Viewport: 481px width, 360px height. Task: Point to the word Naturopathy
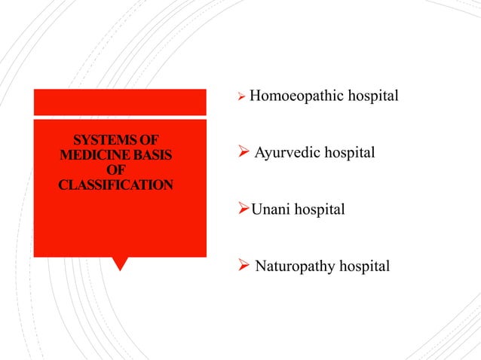pos(296,266)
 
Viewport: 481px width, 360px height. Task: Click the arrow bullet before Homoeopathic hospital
pos(241,97)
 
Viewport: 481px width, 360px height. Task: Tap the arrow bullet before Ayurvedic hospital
pos(244,153)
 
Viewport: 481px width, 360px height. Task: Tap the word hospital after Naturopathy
pos(365,266)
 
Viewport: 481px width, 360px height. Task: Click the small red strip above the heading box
pos(119,102)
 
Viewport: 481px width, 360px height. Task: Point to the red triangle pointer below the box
pos(119,264)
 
